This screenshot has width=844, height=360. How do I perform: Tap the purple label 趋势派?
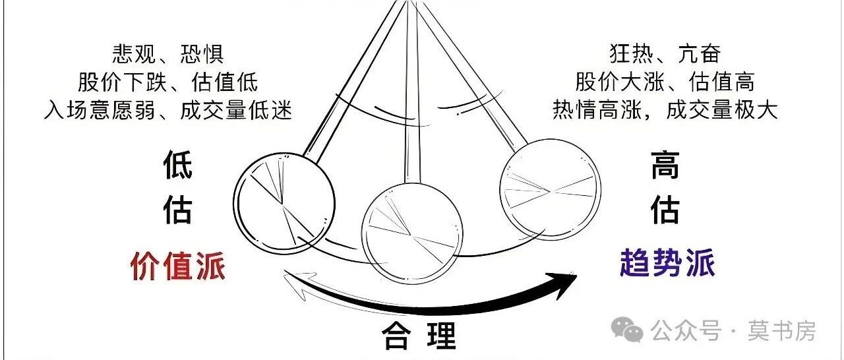coord(667,264)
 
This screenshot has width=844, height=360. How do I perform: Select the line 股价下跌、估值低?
coord(168,82)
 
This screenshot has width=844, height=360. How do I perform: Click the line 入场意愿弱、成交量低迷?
coord(168,110)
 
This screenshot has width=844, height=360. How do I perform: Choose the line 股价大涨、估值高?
coord(665,82)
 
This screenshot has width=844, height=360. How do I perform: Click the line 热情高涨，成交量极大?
coord(665,110)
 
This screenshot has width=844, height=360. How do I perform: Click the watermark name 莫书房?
coord(781,330)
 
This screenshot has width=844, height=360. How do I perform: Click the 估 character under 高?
coord(665,211)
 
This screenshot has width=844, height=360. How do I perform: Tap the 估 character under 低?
coord(178,211)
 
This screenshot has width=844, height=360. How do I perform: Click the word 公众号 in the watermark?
coord(686,330)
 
